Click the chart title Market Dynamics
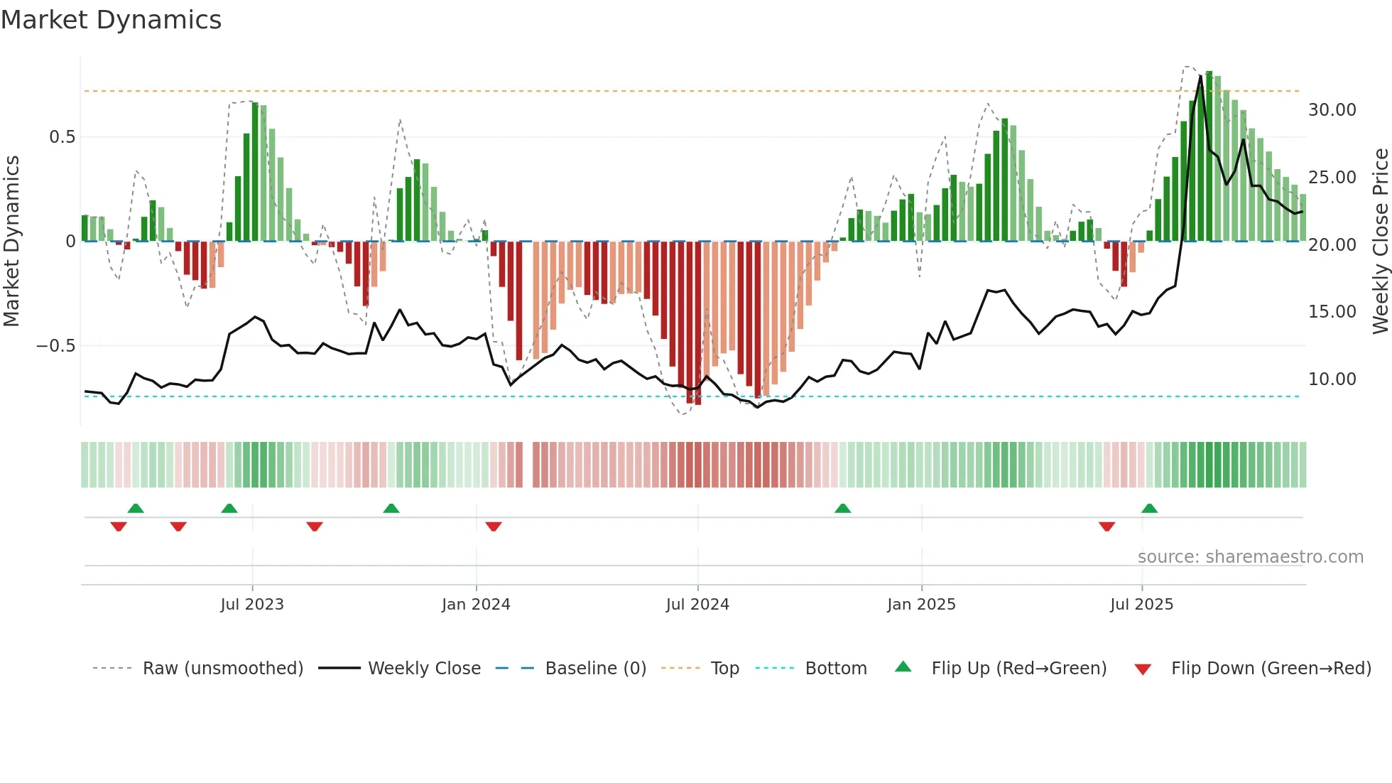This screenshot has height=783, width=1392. pos(111,20)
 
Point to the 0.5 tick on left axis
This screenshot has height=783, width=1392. pos(62,137)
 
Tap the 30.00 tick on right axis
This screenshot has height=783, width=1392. pos(1332,110)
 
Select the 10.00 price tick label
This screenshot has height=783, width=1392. pos(1332,379)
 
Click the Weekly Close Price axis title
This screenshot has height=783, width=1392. pos(1380,242)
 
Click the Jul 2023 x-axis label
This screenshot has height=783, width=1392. pos(252,605)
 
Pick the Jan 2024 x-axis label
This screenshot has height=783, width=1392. pos(476,605)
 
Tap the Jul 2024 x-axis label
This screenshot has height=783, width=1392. pos(697,605)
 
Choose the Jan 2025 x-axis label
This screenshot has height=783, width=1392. pos(921,605)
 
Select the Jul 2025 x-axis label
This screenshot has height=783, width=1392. pos(1141,605)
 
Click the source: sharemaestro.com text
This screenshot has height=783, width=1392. pos(1250,557)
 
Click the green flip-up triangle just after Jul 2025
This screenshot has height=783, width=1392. pos(1149,508)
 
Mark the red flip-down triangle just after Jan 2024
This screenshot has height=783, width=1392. pos(494,526)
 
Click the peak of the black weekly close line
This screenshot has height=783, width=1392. pos(1201,75)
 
